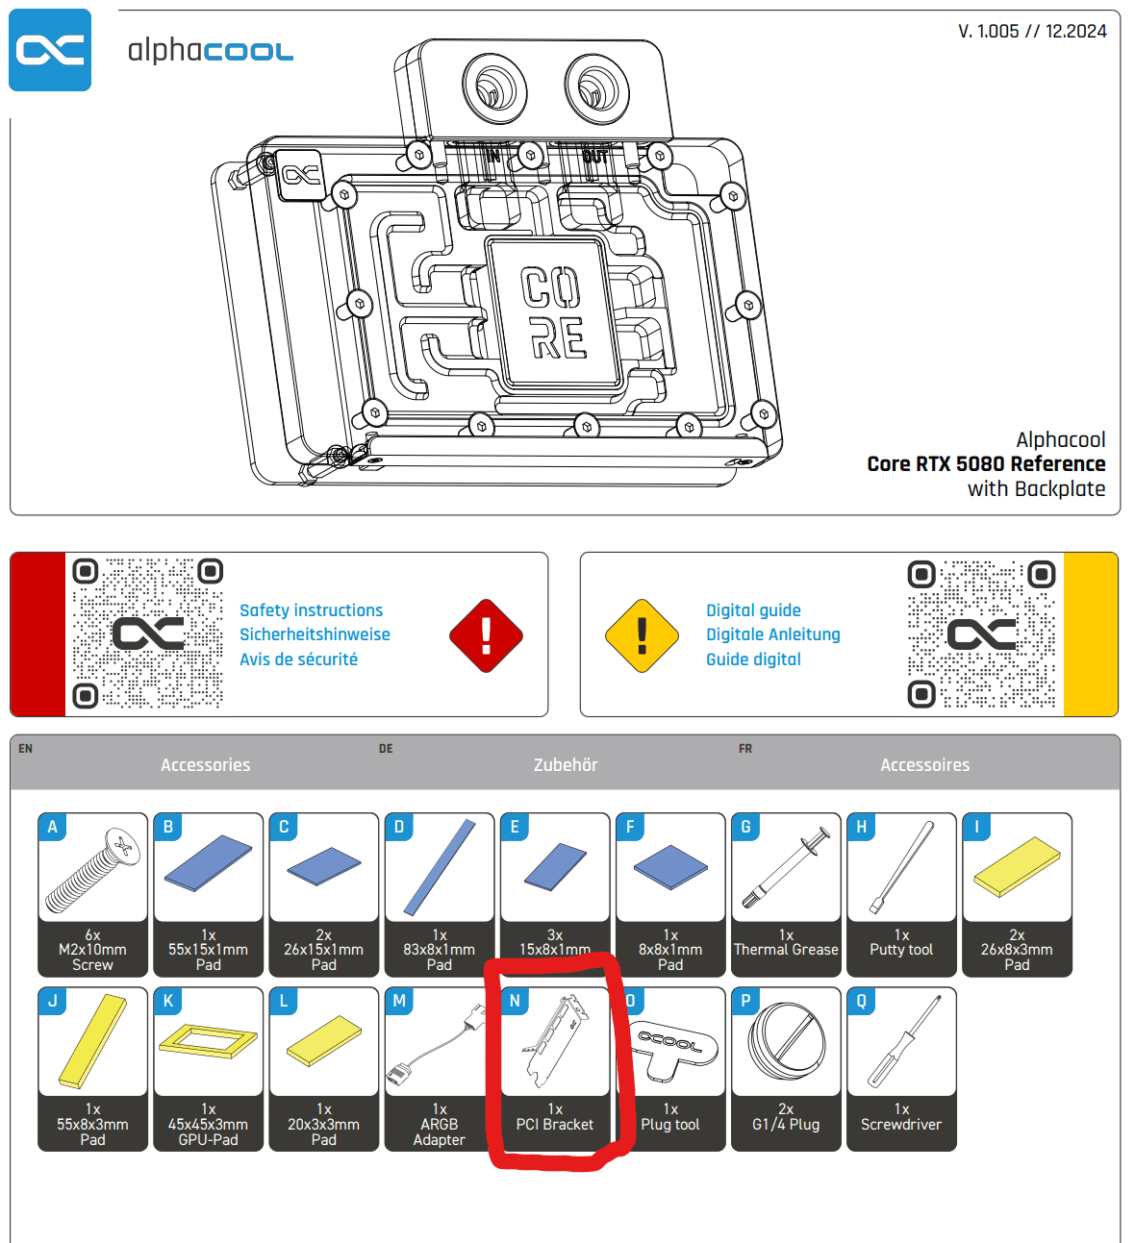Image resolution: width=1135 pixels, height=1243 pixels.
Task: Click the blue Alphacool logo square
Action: [50, 50]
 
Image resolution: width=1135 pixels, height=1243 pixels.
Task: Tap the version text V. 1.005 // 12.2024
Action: [1031, 32]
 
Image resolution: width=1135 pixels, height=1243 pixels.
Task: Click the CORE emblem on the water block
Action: [552, 312]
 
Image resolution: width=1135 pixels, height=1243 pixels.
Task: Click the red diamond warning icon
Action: [486, 635]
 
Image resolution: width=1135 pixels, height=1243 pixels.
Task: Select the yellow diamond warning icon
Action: [642, 635]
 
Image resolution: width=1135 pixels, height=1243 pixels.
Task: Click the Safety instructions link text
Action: [311, 610]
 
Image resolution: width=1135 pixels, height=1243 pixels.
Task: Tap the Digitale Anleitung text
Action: [772, 634]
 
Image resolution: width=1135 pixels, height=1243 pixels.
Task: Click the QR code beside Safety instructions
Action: [148, 634]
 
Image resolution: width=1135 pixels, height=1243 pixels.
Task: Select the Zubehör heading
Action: [566, 765]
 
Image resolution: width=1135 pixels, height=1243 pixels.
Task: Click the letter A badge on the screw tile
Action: [53, 827]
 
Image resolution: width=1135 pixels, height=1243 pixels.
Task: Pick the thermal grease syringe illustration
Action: [787, 870]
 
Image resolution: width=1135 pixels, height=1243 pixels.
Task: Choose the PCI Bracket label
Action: [555, 1125]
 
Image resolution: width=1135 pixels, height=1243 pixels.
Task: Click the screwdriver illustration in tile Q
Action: [902, 1042]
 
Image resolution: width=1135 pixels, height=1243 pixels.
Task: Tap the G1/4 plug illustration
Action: [786, 1042]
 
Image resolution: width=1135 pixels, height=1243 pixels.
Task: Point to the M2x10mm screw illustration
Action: [92, 870]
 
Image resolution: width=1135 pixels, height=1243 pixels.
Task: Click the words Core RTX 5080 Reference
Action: [986, 464]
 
